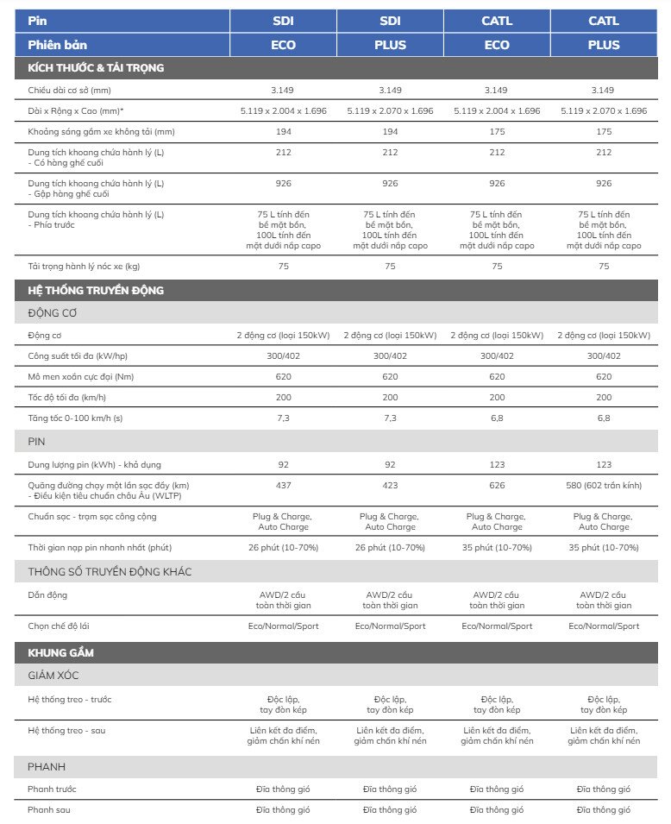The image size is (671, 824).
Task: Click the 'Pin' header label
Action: pos(36,21)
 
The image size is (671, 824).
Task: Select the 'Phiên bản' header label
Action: pos(57,45)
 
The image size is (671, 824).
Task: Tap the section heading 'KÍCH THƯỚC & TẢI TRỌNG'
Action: pos(96,67)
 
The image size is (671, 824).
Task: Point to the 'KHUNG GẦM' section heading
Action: pos(60,652)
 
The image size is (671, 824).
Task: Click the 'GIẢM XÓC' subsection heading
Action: pos(53,676)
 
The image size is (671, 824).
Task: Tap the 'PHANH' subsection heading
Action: pos(47,767)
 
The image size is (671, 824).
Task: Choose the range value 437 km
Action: pos(283,486)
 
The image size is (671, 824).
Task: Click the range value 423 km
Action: pos(390,486)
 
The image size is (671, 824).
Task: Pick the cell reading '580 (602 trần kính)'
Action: pos(604,486)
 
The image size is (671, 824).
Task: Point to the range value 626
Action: pos(497,486)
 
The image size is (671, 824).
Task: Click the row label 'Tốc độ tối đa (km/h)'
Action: pos(66,398)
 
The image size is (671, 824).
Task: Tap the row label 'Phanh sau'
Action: pos(49,810)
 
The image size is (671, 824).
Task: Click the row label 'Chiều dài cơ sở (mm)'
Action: pos(69,90)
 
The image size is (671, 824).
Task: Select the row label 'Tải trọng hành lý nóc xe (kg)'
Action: pos(84,267)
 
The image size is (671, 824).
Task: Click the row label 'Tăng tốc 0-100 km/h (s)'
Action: pos(75,418)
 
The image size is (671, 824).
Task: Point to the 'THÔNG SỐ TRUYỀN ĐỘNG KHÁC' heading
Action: pos(110,572)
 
